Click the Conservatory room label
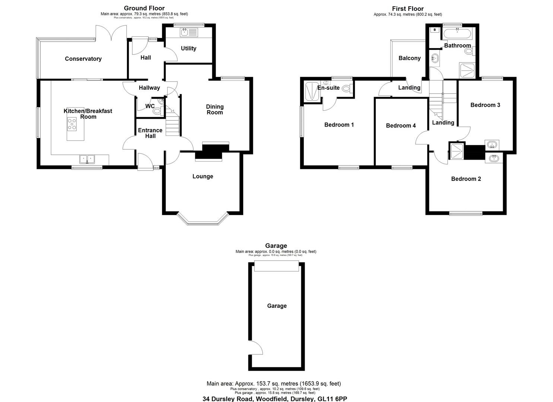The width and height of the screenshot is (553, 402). [83, 59]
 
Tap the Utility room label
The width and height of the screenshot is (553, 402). [188, 48]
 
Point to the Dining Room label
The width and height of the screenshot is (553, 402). [215, 109]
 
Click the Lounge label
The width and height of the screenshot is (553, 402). [203, 176]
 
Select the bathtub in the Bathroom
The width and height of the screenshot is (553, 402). [457, 35]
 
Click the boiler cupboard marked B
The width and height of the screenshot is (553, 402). [435, 30]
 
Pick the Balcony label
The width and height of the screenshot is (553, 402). [409, 58]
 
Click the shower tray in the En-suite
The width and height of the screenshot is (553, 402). [311, 92]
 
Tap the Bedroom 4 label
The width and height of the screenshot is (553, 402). [401, 126]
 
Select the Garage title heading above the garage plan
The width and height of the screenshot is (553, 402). [276, 246]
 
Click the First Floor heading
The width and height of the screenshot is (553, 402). [408, 9]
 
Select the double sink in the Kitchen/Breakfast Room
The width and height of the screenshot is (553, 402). [88, 159]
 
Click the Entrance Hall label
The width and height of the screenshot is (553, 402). [150, 133]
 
